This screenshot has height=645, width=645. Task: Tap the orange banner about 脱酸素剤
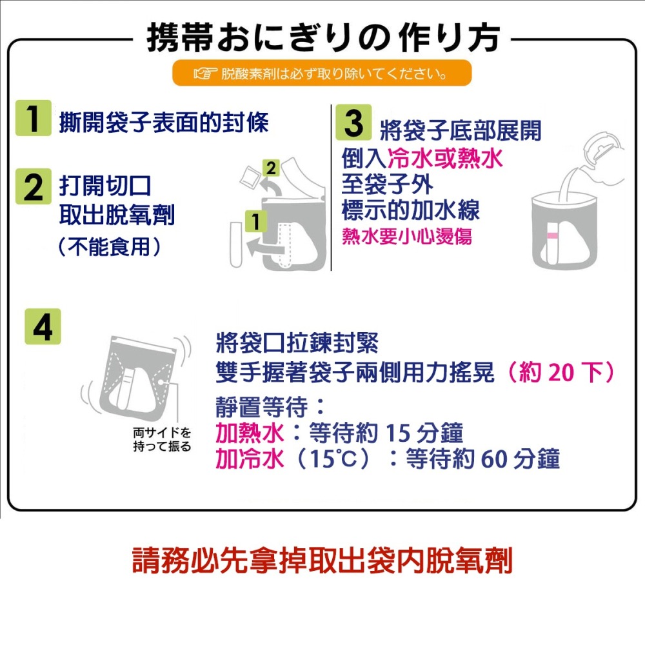point(322,73)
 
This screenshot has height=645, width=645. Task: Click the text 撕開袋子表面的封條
point(163,123)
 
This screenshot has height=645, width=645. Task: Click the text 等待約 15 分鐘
point(386,433)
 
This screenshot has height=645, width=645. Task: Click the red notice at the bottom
point(322,561)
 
